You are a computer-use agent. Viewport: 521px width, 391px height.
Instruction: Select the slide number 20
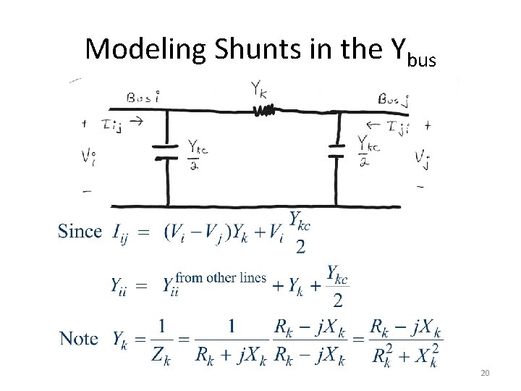(x=486, y=372)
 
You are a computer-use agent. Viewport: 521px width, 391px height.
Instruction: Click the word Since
(x=80, y=232)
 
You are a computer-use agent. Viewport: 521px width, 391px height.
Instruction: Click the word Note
(x=79, y=338)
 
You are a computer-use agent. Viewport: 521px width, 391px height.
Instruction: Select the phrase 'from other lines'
(x=221, y=277)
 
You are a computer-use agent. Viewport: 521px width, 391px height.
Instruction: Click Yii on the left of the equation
(x=121, y=286)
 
